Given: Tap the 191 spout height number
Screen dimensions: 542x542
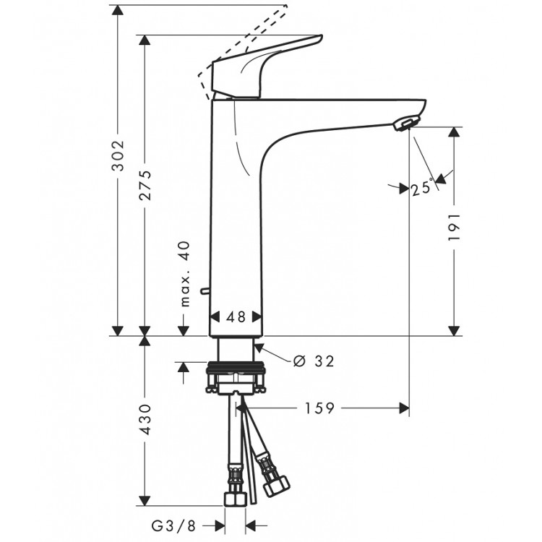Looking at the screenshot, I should pyautogui.click(x=455, y=231).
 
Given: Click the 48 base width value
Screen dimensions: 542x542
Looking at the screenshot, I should pyautogui.click(x=236, y=317).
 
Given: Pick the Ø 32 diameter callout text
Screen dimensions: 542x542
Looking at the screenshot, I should pyautogui.click(x=314, y=361).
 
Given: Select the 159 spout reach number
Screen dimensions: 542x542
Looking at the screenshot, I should pyautogui.click(x=319, y=408).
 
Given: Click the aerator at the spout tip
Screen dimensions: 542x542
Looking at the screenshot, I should pyautogui.click(x=408, y=124).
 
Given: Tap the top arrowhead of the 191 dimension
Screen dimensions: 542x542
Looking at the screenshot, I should pyautogui.click(x=455, y=133).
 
